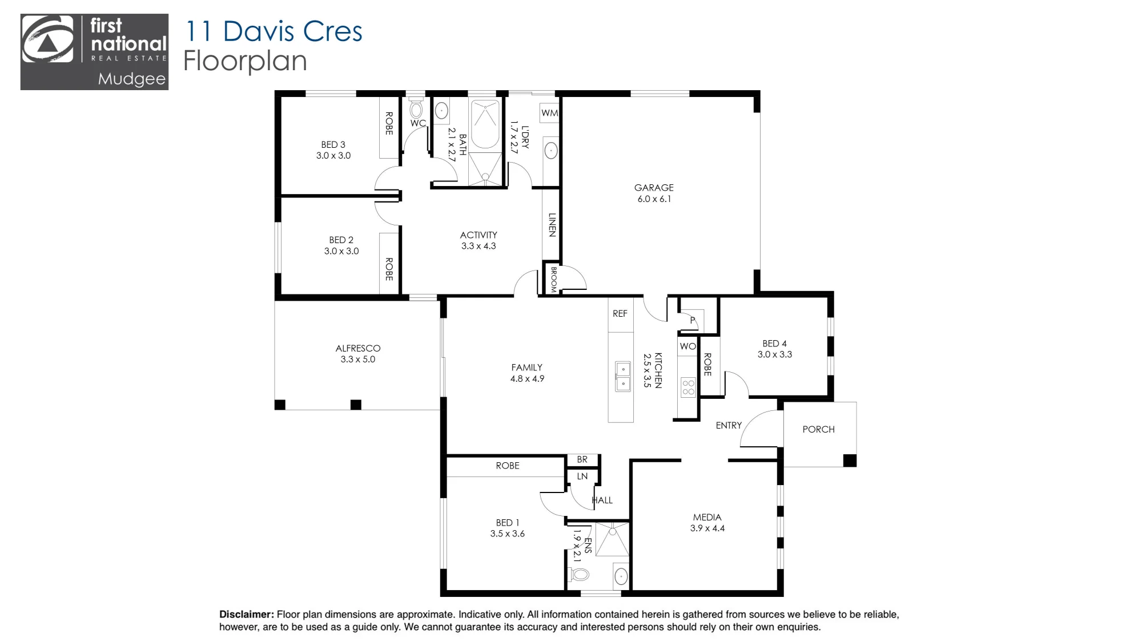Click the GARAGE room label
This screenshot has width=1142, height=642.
pos(654,188)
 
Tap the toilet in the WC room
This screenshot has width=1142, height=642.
pos(416,108)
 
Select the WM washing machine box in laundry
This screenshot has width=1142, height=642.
pos(549,113)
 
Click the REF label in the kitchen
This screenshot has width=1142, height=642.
pos(620,314)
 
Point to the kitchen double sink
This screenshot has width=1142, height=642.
pos(623,377)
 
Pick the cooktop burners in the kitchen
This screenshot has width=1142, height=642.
pos(688,388)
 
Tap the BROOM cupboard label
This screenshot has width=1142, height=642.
pos(553,280)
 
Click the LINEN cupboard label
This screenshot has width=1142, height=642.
pos(552,225)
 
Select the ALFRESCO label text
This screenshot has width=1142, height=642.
pos(358,348)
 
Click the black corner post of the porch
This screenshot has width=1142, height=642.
pos(850,460)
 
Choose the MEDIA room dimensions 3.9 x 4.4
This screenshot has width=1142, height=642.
pos(707,528)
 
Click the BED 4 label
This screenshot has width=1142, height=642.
pos(775,344)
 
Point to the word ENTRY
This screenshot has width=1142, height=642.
pos(729,426)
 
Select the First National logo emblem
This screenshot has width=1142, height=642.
pos(47,39)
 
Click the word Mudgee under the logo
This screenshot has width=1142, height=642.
pos(132,79)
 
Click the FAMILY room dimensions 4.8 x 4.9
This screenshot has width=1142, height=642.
pos(527,379)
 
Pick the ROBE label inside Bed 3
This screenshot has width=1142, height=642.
pos(389,123)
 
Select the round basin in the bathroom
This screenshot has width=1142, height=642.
pos(441,111)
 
